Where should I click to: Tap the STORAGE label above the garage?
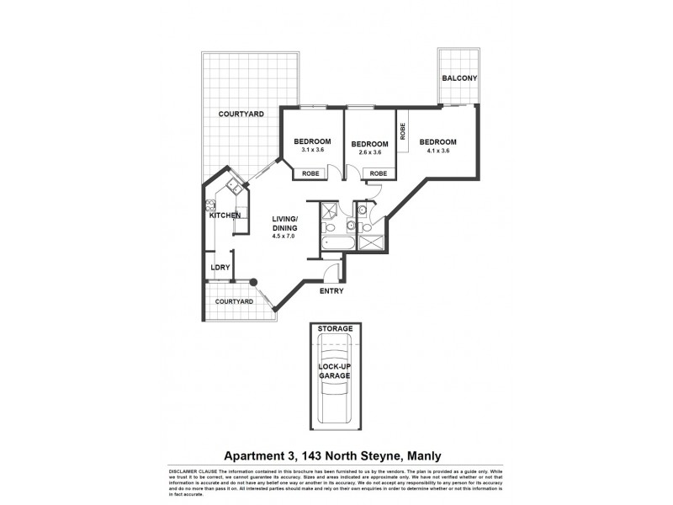(336, 327)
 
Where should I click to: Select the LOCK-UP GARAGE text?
(334, 370)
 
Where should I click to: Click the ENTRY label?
(331, 290)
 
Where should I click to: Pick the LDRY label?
(220, 268)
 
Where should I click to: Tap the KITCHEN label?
(225, 215)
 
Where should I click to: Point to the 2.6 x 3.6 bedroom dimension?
(370, 152)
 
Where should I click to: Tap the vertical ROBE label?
(404, 131)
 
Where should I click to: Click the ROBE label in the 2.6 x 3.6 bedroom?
(378, 173)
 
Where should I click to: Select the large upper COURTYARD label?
(241, 114)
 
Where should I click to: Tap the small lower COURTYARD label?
(234, 300)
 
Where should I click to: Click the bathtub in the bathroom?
(329, 245)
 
